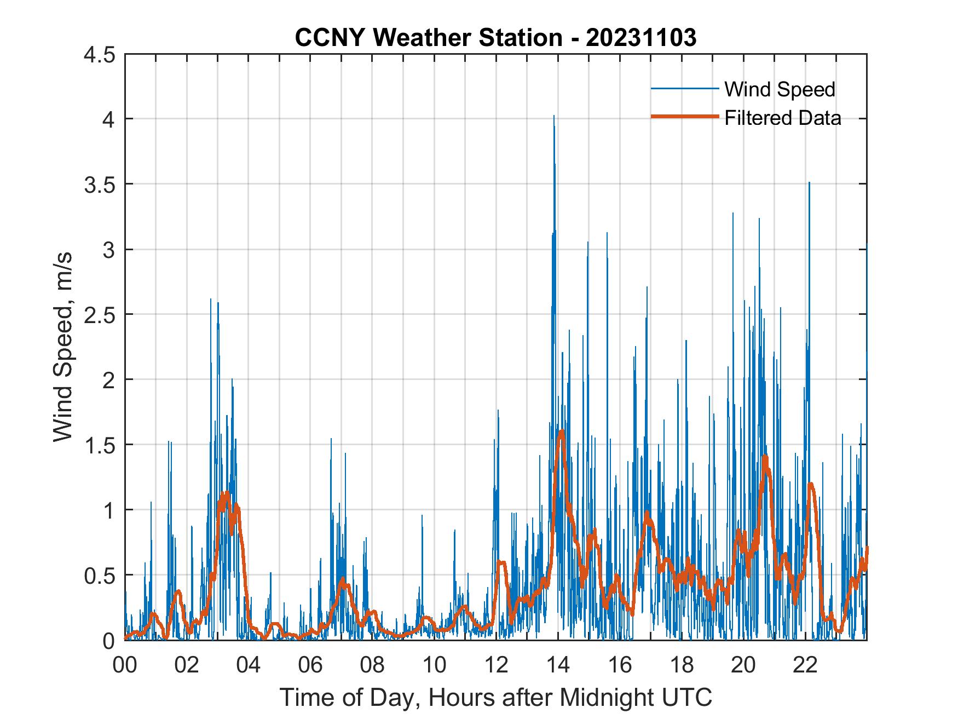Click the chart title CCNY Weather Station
[495, 38]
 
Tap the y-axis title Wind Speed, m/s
[64, 347]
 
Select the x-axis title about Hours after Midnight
[495, 697]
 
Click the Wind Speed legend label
[780, 89]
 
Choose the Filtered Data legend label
[782, 118]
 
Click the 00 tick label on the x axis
[125, 665]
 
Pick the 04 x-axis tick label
[249, 665]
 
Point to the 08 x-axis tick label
[372, 665]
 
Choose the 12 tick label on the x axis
[496, 665]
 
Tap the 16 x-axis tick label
[620, 665]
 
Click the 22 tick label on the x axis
[805, 665]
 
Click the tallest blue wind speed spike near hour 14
[554, 117]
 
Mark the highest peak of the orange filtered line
[562, 432]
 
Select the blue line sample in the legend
[684, 89]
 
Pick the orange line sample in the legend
[684, 117]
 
